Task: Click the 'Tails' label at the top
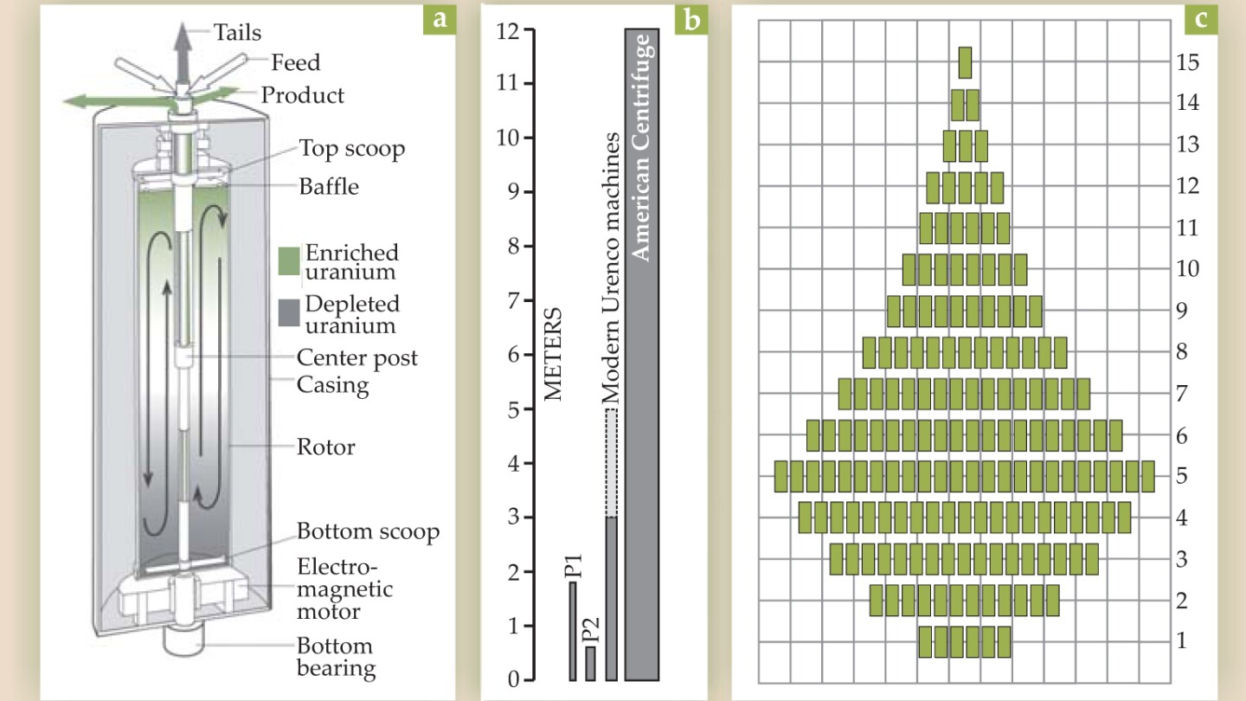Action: (x=237, y=33)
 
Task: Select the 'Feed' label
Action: (x=295, y=63)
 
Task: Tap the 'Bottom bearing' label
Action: (x=337, y=657)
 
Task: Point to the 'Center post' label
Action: (x=356, y=357)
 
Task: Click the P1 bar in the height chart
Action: (x=573, y=631)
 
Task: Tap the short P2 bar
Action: (x=590, y=663)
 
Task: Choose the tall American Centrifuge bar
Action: (x=642, y=355)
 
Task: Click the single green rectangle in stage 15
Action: (x=966, y=62)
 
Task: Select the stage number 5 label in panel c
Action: (x=1181, y=476)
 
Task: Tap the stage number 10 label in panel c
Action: (x=1187, y=268)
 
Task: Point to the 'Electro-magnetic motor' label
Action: (x=344, y=589)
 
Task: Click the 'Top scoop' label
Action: (x=352, y=148)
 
